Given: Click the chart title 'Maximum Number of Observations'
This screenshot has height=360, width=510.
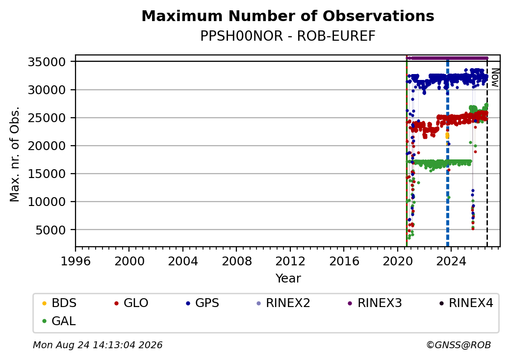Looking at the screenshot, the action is coord(288,16).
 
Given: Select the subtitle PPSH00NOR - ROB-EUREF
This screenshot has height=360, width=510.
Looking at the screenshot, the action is coord(288,36).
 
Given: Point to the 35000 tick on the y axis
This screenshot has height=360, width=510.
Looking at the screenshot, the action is coord(47,62).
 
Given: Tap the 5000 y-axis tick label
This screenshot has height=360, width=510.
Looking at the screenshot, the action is coord(51,230).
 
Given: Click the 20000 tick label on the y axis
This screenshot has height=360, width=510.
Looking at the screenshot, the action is coord(47,146).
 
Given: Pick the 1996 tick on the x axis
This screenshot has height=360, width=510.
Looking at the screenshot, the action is coord(76,261).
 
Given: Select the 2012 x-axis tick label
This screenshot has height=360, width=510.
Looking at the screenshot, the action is coord(290,261).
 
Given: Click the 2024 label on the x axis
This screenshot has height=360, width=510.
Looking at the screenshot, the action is coord(451,261).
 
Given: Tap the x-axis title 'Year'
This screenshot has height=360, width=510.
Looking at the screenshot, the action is coord(288,279).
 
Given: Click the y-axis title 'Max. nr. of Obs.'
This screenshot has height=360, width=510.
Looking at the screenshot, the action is coord(15,154).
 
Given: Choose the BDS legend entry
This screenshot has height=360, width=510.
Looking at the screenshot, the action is coord(59,303).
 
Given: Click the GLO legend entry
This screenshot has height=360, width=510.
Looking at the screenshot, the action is coord(131,303).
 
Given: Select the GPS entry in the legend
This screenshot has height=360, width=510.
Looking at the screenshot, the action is coord(203,303).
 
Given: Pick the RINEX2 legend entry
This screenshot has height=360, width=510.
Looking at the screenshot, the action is coord(283,303).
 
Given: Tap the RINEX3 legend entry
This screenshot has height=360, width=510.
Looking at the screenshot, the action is coord(375,303).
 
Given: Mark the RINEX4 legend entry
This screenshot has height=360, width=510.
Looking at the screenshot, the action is coord(466,303).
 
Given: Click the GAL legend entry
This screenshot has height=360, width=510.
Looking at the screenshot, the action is coord(59,321).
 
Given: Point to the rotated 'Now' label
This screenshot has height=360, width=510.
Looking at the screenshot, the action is coord(495,77).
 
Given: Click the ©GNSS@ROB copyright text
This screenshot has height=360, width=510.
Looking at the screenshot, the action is coord(459,345).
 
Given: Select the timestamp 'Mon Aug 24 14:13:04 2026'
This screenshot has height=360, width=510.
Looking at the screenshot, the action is coord(98,345).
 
